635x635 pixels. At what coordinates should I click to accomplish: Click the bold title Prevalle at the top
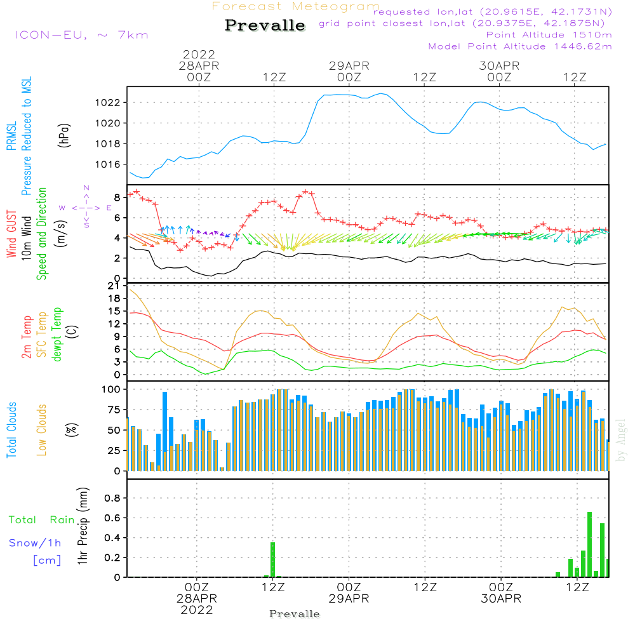265,26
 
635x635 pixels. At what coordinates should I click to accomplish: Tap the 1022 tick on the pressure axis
110,102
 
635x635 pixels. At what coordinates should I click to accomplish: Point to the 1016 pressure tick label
110,164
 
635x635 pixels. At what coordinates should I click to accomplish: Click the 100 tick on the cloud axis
112,389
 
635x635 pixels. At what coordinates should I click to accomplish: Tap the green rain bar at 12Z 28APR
273,559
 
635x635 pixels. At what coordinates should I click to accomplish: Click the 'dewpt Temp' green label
57,335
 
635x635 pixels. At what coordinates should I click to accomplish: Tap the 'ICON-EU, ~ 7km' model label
81,35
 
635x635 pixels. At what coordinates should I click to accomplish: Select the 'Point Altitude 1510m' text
549,35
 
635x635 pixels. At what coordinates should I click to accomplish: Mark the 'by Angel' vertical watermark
621,448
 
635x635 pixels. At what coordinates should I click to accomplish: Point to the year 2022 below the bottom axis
197,610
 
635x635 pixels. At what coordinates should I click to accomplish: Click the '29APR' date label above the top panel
349,65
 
